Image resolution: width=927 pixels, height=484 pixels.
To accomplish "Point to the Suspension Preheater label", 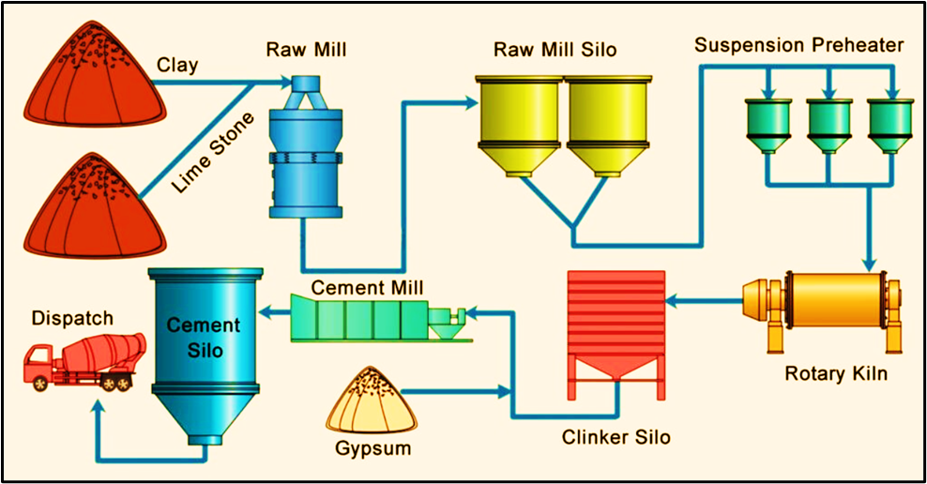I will (x=798, y=45).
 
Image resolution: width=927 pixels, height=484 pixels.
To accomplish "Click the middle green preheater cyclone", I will (x=829, y=123).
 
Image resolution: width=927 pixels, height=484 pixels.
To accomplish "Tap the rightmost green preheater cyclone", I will (x=890, y=123).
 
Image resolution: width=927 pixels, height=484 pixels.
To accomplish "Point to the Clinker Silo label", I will (x=616, y=437).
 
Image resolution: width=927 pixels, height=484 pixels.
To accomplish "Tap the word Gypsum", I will (x=373, y=448).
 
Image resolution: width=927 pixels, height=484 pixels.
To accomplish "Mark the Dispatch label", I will (x=72, y=318).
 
